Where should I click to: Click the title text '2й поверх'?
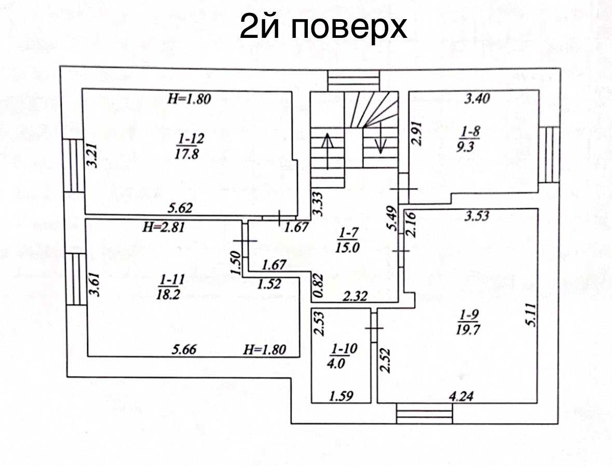(x=323, y=26)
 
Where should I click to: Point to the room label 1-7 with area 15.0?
(x=347, y=240)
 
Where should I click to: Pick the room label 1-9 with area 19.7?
(x=468, y=322)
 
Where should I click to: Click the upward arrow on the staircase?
(x=327, y=151)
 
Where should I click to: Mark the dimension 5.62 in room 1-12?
(x=180, y=208)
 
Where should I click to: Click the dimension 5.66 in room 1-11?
(x=185, y=349)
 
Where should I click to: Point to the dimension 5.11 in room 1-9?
(x=532, y=315)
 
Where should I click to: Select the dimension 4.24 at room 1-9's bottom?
(x=461, y=396)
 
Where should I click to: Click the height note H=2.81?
(x=163, y=227)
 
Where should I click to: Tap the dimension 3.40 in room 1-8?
(x=477, y=98)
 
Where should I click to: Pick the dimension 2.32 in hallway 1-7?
(x=355, y=296)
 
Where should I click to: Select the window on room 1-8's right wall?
(x=551, y=155)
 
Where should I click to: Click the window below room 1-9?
(x=424, y=414)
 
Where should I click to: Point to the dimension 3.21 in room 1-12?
(x=92, y=156)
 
